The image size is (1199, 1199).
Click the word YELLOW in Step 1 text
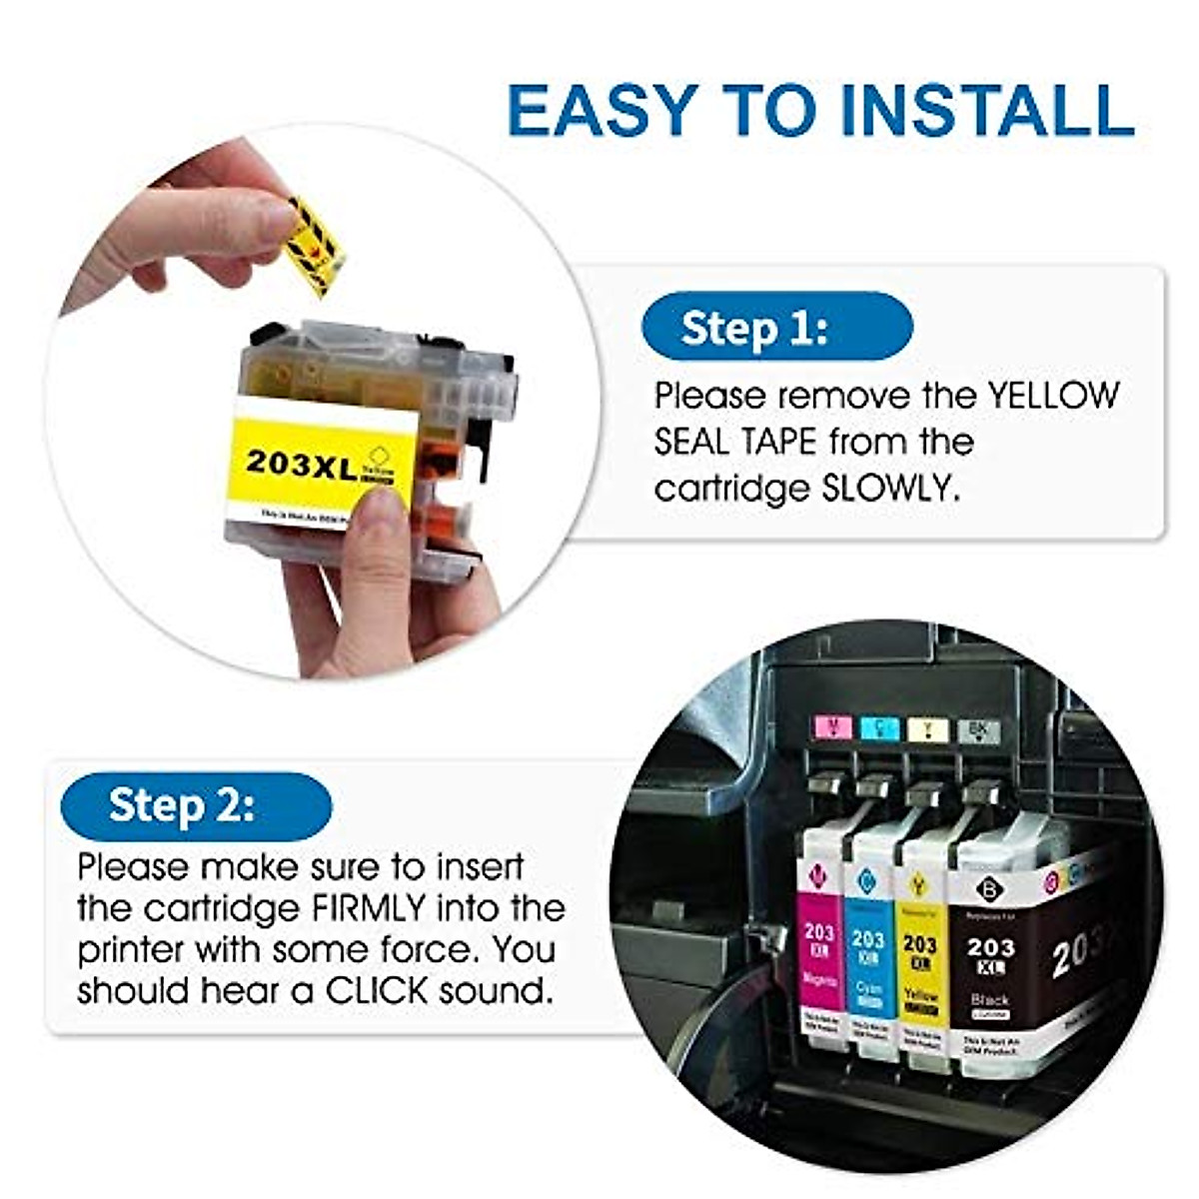(1053, 396)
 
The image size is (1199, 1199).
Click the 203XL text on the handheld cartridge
(301, 463)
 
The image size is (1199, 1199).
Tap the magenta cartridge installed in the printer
(819, 949)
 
